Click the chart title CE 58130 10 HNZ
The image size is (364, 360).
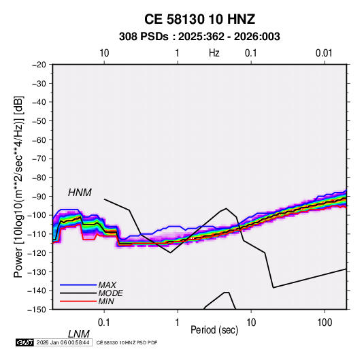pos(199,19)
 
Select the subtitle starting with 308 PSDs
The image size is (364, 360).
pos(199,37)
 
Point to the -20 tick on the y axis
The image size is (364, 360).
pos(39,65)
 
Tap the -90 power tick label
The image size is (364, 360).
pos(39,196)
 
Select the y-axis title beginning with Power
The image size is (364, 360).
pos(18,186)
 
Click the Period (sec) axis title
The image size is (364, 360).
pos(214,330)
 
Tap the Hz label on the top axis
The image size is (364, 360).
pos(214,53)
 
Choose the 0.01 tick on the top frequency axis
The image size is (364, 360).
pos(324,53)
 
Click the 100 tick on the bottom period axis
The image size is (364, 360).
pos(325,323)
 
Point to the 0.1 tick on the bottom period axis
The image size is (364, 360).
pos(104,323)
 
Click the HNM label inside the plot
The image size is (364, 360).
pos(80,193)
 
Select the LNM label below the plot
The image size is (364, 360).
pos(79,334)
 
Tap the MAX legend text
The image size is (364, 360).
pos(107,285)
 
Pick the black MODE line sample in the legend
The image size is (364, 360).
pos(78,293)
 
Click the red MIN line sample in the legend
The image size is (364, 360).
pos(78,301)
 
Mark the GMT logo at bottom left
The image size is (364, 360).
pos(24,342)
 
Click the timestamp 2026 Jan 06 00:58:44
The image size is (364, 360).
pos(63,342)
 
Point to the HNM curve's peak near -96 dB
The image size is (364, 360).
pos(226,208)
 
